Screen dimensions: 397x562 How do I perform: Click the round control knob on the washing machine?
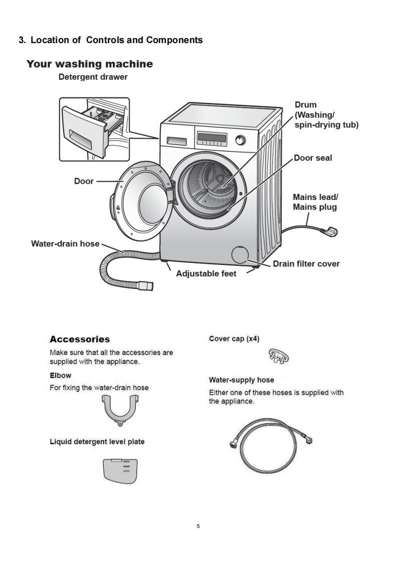[x=241, y=140]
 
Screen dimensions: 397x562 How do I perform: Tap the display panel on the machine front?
[x=212, y=138]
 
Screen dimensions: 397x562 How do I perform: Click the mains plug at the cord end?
[x=329, y=232]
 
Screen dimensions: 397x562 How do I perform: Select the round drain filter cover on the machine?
[x=240, y=254]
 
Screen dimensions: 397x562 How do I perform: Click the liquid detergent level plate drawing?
[x=120, y=471]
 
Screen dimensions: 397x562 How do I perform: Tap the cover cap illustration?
[x=278, y=357]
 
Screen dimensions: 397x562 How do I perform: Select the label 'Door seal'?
[x=313, y=158]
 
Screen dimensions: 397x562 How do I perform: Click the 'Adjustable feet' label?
[x=206, y=274]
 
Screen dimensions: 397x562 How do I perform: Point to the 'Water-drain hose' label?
[x=65, y=244]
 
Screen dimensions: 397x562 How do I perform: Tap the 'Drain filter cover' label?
[x=306, y=264]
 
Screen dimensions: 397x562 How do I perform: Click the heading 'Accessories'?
[x=80, y=339]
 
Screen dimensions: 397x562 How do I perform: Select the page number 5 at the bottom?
[x=198, y=526]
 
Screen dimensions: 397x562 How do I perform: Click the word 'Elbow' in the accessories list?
[x=61, y=375]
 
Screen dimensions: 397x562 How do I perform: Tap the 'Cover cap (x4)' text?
[x=234, y=339]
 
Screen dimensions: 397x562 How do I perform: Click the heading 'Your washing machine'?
[x=90, y=64]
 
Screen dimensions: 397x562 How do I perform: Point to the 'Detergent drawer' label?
[x=93, y=77]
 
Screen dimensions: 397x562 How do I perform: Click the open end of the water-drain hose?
[x=148, y=286]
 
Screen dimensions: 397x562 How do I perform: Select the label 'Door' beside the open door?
[x=84, y=181]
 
